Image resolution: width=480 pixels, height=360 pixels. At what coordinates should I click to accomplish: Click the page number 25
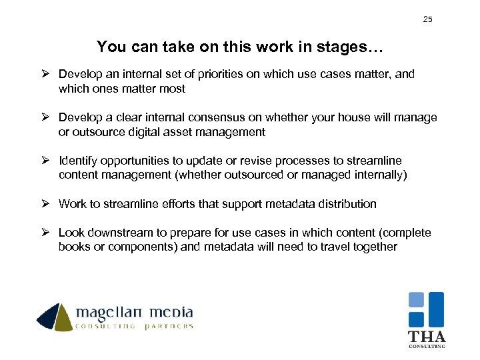click(427, 19)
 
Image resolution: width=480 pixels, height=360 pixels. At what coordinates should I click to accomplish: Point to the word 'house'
click(352, 117)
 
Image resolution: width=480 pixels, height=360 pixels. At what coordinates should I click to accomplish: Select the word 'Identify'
click(79, 161)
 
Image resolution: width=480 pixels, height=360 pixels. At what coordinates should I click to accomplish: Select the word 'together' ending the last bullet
click(375, 247)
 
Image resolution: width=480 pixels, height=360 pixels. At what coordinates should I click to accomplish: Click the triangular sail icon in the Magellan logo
click(55, 317)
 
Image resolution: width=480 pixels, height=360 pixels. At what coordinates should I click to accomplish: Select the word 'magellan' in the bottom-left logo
click(110, 313)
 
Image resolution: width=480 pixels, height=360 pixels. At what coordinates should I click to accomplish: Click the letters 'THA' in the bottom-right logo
click(427, 337)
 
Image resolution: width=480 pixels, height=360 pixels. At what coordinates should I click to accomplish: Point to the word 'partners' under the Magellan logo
click(169, 327)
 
